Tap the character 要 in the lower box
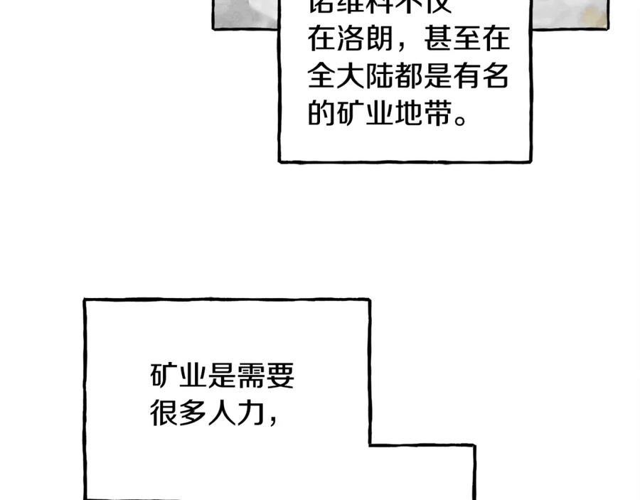coord(280,376)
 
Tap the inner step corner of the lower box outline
coord(370,445)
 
